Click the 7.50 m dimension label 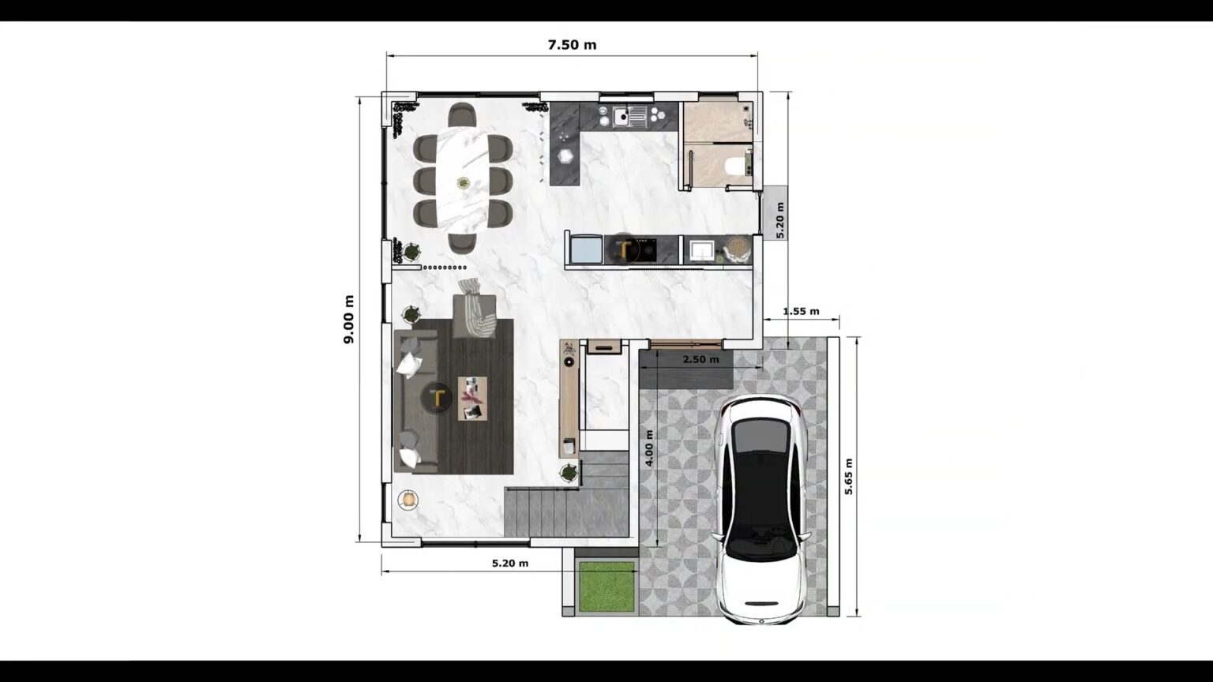[572, 45]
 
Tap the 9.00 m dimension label [348, 319]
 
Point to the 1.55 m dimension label [801, 311]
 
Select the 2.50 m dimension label [700, 359]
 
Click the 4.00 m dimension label [649, 448]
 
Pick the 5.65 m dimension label [849, 476]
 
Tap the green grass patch [606, 586]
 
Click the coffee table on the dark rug [472, 399]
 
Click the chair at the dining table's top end [462, 115]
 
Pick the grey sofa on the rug [416, 401]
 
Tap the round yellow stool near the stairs [408, 499]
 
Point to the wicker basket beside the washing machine [737, 249]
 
